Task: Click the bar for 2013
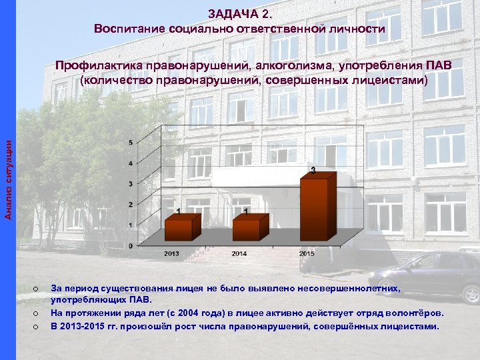[x=183, y=228]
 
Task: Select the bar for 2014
[x=249, y=228]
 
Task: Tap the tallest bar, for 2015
[x=315, y=207]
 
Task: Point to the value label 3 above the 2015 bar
[x=313, y=171]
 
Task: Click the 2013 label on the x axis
[x=171, y=253]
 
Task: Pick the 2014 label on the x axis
[x=239, y=253]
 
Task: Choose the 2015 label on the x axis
[x=307, y=253]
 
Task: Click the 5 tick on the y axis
[x=130, y=143]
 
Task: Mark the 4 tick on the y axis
[x=130, y=163]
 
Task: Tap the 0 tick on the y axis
[x=130, y=245]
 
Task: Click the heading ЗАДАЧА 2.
[x=239, y=13]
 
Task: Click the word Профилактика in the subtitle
[x=99, y=66]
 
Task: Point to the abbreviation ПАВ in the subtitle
[x=437, y=66]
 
